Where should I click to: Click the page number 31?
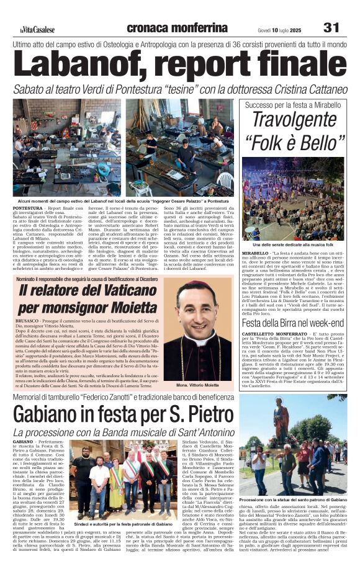point(331,27)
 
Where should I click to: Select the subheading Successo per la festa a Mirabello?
point(293,105)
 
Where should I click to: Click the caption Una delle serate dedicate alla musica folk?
point(294,246)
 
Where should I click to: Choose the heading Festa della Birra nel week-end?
point(294,323)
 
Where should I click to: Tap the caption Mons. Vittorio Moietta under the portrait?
point(199,385)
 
